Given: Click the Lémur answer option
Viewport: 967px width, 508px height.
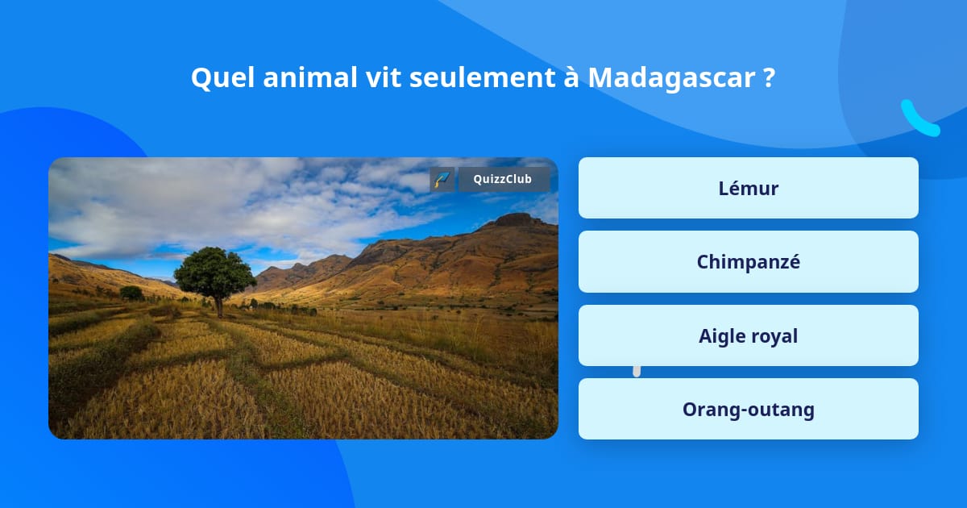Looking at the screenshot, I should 748,188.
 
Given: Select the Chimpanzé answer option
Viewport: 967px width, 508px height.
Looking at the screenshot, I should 748,262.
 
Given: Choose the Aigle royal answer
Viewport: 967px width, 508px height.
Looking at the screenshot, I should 748,336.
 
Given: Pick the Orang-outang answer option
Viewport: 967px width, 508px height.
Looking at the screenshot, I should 748,410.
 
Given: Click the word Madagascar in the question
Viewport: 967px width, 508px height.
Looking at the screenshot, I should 670,77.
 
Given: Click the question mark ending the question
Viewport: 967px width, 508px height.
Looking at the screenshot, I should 768,77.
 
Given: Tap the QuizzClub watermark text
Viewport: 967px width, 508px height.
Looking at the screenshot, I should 504,179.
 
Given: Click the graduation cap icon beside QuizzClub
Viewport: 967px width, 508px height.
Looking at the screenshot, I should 442,179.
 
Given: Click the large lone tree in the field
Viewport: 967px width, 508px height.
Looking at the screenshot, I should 214,273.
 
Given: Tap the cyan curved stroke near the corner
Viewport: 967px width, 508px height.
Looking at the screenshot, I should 919,119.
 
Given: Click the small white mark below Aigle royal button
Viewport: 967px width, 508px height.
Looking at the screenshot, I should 637,371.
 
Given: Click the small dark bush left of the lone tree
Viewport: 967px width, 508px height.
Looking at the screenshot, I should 131,294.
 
